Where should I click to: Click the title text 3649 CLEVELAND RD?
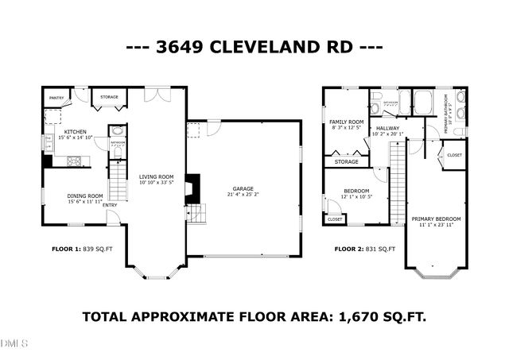pyautogui.click(x=254, y=47)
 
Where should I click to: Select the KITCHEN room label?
pyautogui.click(x=76, y=131)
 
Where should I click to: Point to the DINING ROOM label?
pyautogui.click(x=84, y=195)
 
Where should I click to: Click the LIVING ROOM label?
pyautogui.click(x=156, y=176)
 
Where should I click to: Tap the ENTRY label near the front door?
pyautogui.click(x=110, y=205)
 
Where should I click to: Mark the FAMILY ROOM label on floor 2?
pyautogui.click(x=345, y=122)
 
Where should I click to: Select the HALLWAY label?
pyautogui.click(x=388, y=128)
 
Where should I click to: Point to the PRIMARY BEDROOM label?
pyautogui.click(x=436, y=218)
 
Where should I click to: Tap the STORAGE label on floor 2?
pyautogui.click(x=347, y=161)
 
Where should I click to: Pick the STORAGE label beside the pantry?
pyautogui.click(x=109, y=97)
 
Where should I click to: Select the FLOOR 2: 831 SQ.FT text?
pyautogui.click(x=364, y=249)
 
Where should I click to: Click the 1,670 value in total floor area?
pyautogui.click(x=340, y=316)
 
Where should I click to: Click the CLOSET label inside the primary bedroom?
pyautogui.click(x=454, y=155)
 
